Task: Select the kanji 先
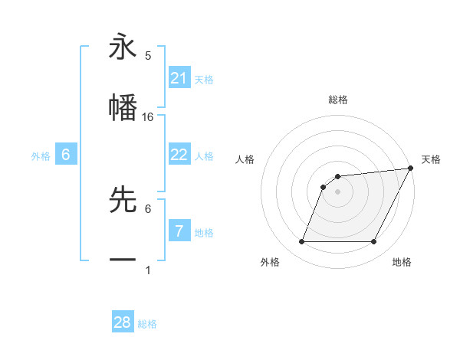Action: click(x=123, y=199)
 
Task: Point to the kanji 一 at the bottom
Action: click(x=123, y=260)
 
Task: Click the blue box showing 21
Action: click(x=179, y=77)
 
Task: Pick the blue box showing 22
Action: click(x=179, y=155)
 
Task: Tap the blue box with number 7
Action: click(x=179, y=231)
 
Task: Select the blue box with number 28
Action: click(x=123, y=322)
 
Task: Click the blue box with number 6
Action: click(x=66, y=155)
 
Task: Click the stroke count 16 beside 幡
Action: click(x=149, y=117)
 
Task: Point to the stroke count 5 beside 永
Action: click(x=148, y=56)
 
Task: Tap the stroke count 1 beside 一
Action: click(x=148, y=270)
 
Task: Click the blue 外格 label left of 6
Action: click(x=41, y=156)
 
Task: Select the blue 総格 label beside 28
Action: click(x=147, y=324)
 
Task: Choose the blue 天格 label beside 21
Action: click(x=204, y=80)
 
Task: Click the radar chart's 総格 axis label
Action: click(x=338, y=100)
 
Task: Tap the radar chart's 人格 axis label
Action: click(x=245, y=159)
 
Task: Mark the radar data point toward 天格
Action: click(x=412, y=169)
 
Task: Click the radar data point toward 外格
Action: click(x=301, y=242)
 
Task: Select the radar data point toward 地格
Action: click(x=374, y=242)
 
